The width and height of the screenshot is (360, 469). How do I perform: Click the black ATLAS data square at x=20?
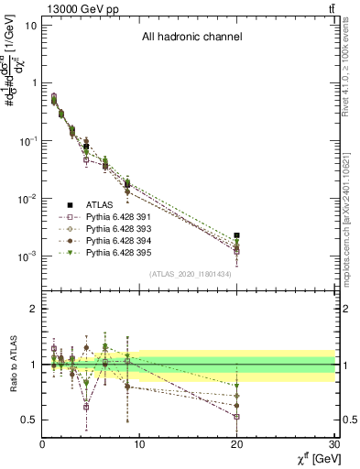(237, 235)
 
